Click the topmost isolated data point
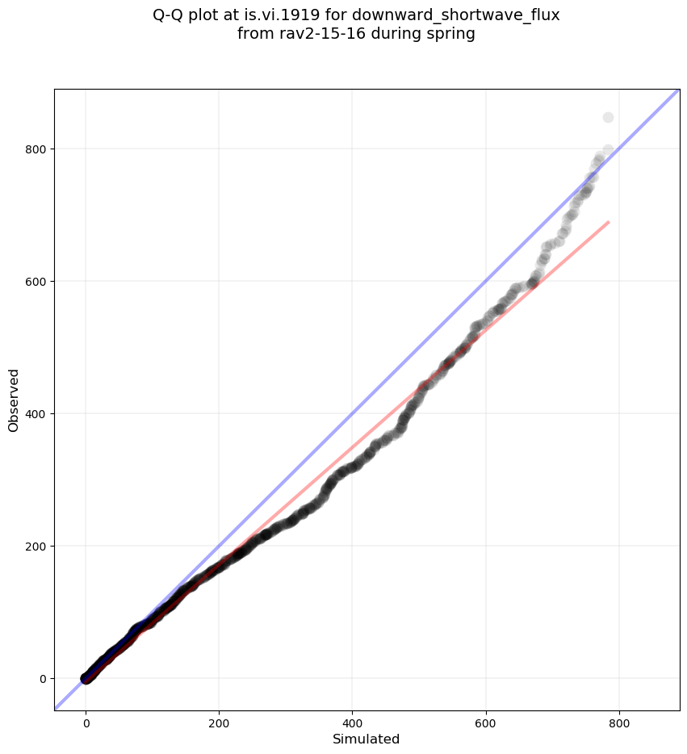coord(608,118)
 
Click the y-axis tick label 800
coord(35,149)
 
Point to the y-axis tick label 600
coord(35,282)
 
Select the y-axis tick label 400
coord(35,414)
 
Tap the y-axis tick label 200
coord(35,547)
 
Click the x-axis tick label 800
coord(619,719)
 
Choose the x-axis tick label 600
coord(486,719)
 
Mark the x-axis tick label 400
coord(353,719)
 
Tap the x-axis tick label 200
coord(220,719)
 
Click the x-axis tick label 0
coord(86,719)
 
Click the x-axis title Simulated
coord(367,739)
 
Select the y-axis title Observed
coord(14,400)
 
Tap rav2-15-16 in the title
coord(309,34)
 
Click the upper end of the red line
coord(608,222)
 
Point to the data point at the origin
coord(86,678)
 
